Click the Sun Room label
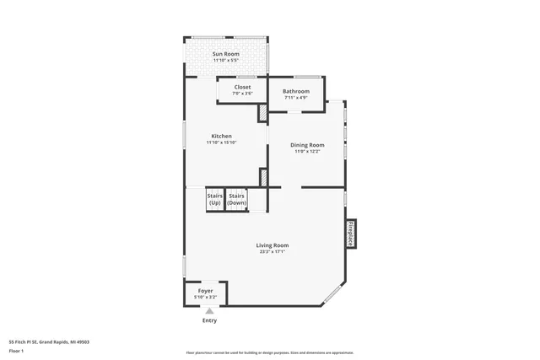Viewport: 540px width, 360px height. coord(225,54)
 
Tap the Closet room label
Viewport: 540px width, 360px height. coord(242,87)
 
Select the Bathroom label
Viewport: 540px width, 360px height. coord(295,91)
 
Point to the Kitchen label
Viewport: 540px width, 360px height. coord(221,136)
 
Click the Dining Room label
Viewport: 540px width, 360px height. coord(307,145)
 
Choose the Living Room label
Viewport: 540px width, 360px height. coord(273,245)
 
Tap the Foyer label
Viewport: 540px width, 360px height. coord(206,291)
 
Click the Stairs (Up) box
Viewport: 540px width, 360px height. coord(214,200)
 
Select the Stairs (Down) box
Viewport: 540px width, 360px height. coord(236,200)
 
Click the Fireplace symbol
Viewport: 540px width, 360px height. coord(349,234)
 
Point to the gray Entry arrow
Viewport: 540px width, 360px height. coord(209,311)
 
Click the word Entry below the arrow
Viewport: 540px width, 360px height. coord(209,320)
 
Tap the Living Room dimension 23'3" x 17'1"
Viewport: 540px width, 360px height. coord(273,252)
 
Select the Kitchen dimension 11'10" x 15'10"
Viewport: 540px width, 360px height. coord(221,142)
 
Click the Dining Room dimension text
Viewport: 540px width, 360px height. coord(307,152)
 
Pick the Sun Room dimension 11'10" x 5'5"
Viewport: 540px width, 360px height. coord(225,61)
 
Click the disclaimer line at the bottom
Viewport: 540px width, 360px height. coord(270,353)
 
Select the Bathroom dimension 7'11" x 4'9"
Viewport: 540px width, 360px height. coord(295,98)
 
